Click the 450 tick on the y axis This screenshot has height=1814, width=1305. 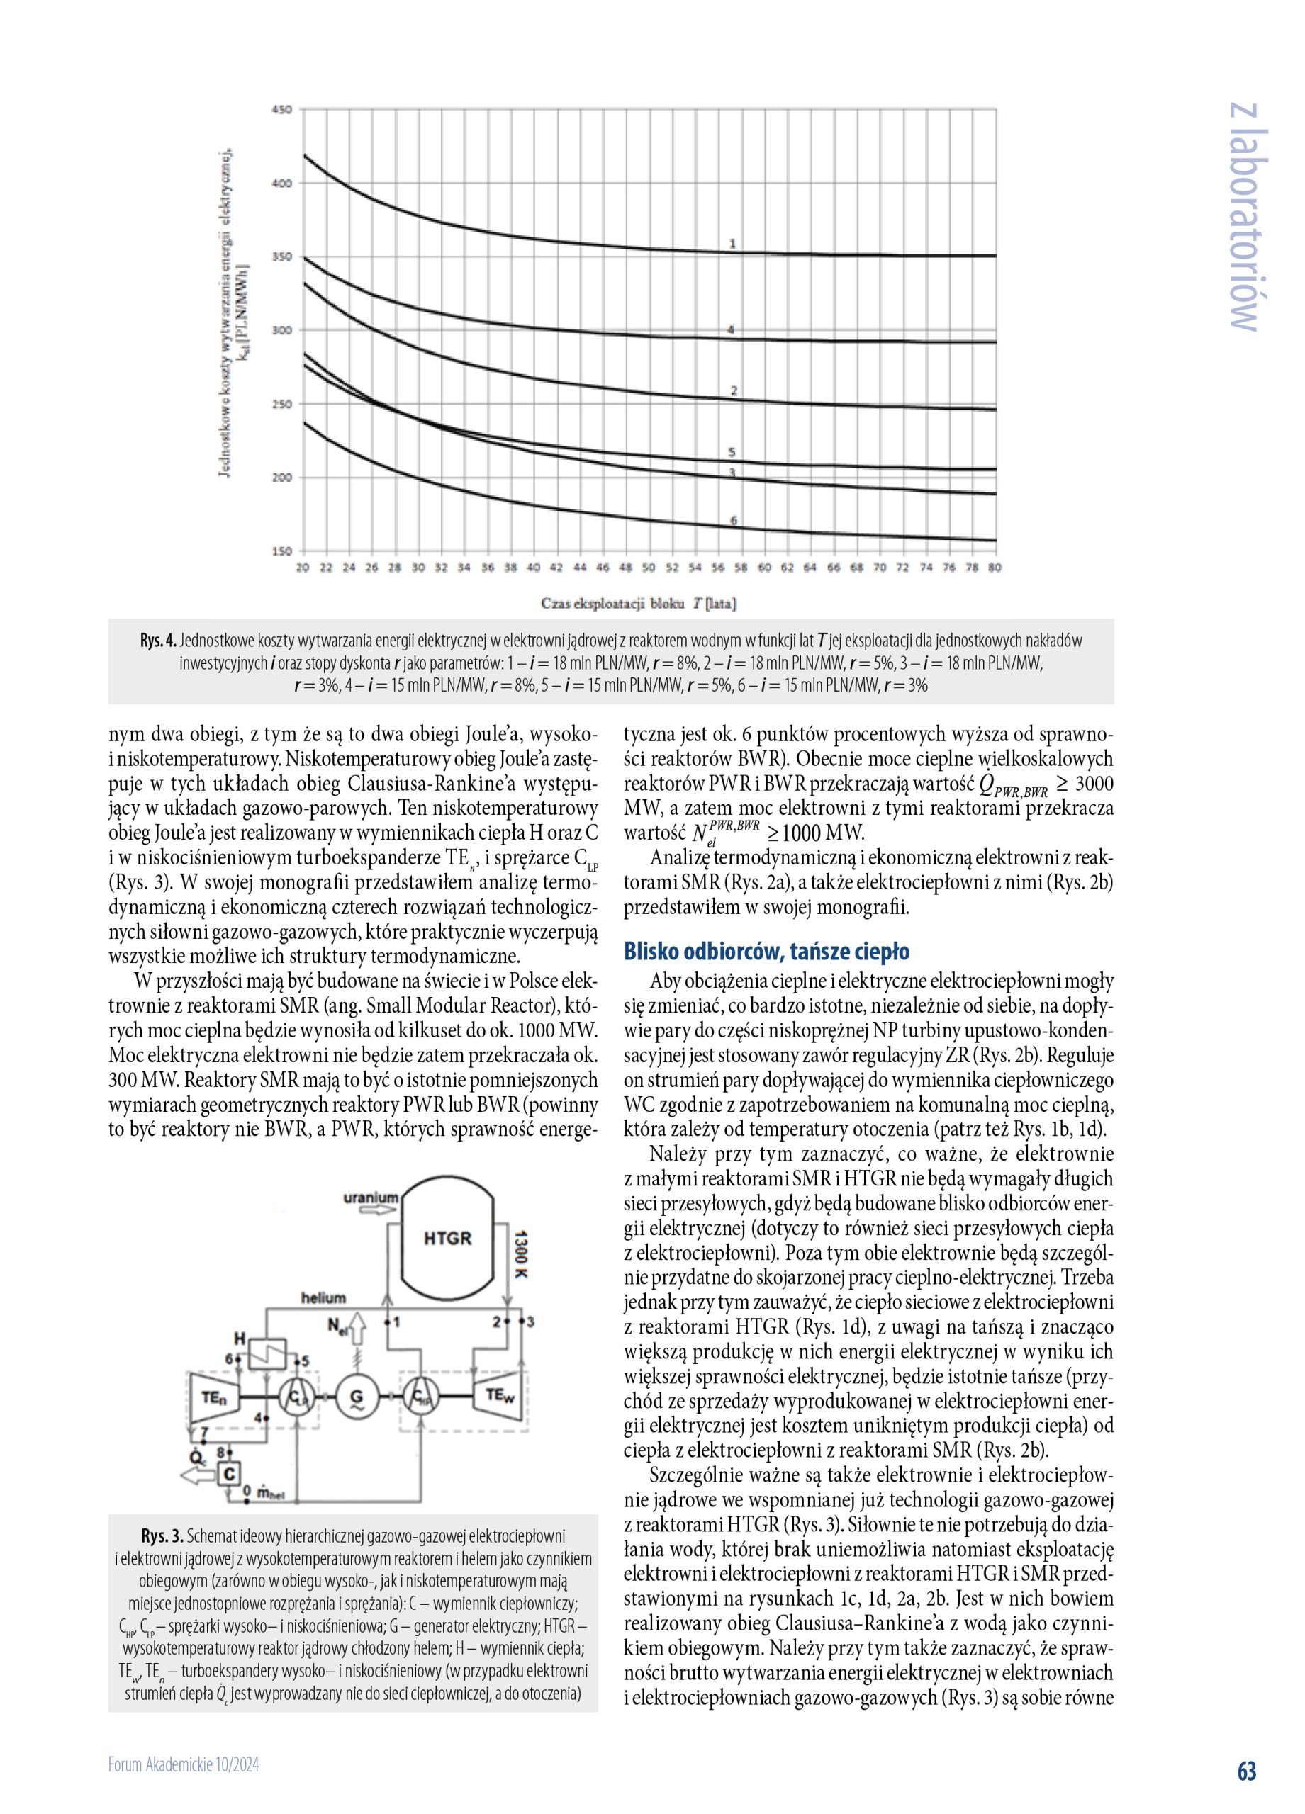pos(282,109)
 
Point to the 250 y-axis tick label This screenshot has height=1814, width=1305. pos(282,404)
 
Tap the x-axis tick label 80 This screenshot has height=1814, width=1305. pos(995,567)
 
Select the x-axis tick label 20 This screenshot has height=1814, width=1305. pos(303,567)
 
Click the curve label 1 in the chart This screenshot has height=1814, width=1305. pos(732,242)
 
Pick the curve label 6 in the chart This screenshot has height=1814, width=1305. pos(733,521)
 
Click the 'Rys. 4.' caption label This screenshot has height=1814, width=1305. pos(158,641)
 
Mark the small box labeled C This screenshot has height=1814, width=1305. pos(230,1472)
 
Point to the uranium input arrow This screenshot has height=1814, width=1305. pos(372,1211)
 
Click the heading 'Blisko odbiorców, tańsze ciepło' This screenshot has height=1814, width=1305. pos(766,952)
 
